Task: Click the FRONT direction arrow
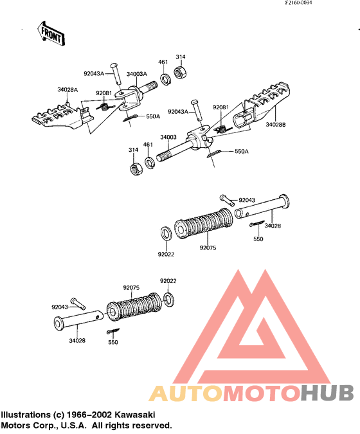[51, 34]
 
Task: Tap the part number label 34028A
[67, 89]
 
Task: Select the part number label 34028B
[276, 125]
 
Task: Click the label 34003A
[137, 74]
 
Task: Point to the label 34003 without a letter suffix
[168, 137]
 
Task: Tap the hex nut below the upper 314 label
[181, 73]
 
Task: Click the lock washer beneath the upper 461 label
[166, 79]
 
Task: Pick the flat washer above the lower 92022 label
[166, 233]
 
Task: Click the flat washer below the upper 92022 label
[168, 300]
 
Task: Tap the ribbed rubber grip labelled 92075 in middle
[204, 224]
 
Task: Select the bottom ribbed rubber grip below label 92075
[134, 307]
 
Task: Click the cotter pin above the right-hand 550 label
[256, 223]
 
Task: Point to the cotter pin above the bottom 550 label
[113, 331]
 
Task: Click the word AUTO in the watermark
[185, 393]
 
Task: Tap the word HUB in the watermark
[327, 393]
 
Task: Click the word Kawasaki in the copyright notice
[135, 415]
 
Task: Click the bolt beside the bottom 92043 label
[78, 304]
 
